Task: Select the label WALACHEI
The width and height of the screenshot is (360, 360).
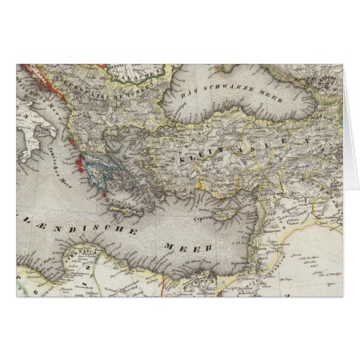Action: [146, 71]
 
